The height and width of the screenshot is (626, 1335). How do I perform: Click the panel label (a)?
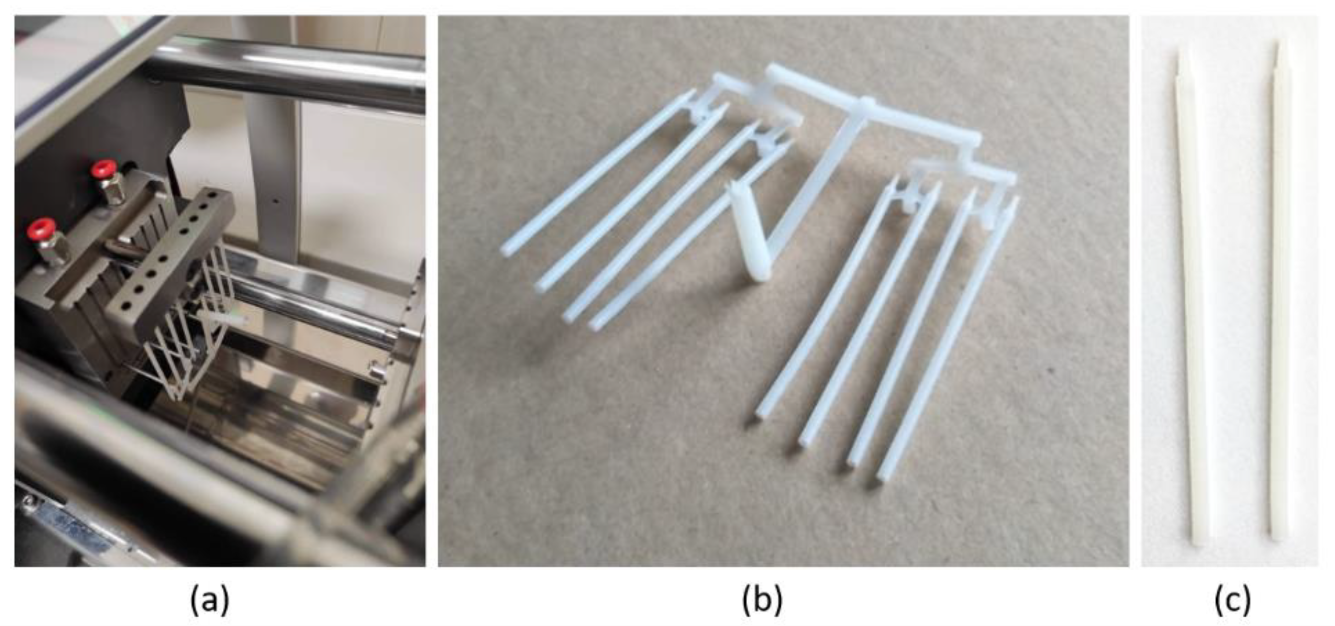click(x=210, y=600)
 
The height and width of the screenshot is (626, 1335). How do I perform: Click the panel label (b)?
click(x=762, y=600)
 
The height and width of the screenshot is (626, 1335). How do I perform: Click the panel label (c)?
click(x=1232, y=600)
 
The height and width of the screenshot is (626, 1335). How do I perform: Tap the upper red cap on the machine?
click(x=103, y=170)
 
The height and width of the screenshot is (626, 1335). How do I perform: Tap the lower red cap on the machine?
click(x=43, y=228)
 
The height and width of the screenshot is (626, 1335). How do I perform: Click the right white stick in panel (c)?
click(x=1280, y=290)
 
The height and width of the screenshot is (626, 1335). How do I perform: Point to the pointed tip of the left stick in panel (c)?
click(x=1179, y=50)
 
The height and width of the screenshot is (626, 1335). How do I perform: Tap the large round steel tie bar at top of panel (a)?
click(x=285, y=73)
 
